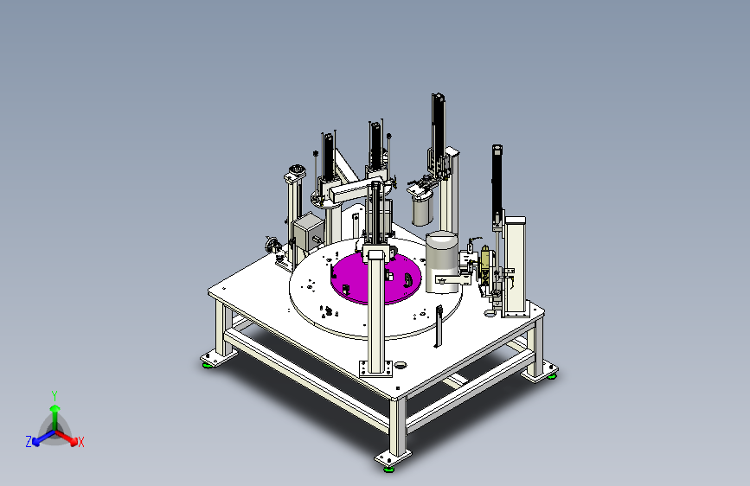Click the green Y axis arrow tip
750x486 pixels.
pos(55,408)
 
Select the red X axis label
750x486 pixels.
pos(80,442)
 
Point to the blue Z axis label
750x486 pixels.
pos(29,442)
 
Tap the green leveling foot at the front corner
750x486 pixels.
pos(389,469)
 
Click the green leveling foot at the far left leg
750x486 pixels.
pos(208,366)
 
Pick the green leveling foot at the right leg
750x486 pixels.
pos(552,376)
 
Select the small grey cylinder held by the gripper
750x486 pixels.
pos(422,210)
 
